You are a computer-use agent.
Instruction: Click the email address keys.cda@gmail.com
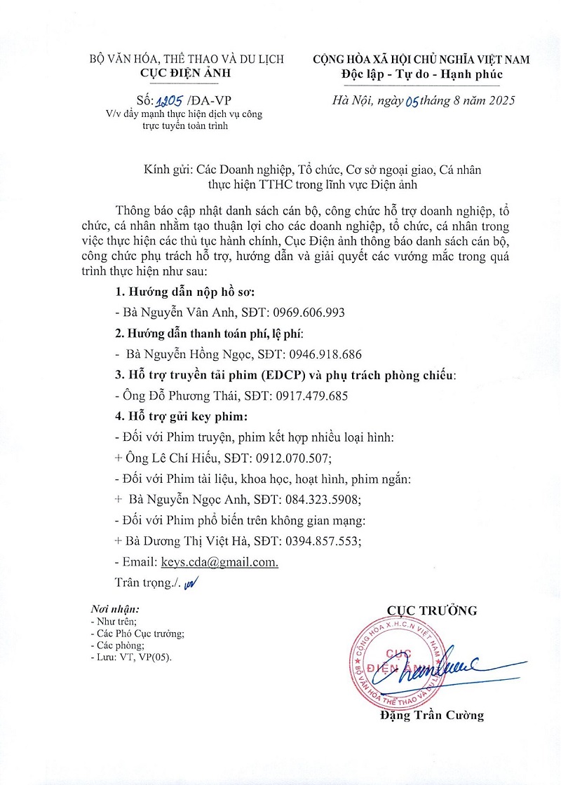[219, 562]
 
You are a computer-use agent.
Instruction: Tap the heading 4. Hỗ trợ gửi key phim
[181, 417]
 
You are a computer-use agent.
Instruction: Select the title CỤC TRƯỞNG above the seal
[432, 610]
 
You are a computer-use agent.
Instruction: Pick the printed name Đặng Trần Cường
[431, 716]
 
